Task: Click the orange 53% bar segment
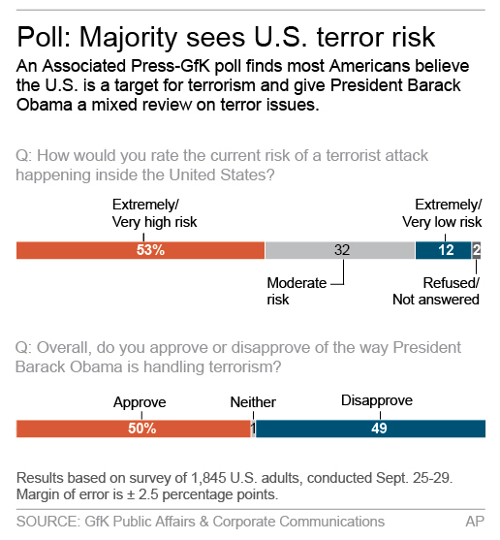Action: click(x=141, y=250)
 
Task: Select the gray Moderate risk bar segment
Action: click(x=340, y=250)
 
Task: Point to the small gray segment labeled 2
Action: click(x=476, y=250)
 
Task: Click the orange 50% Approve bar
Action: click(x=134, y=429)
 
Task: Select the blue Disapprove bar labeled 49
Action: click(x=368, y=429)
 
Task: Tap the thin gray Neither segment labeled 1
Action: click(x=253, y=429)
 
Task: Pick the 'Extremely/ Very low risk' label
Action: click(x=441, y=213)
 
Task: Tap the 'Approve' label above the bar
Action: click(x=140, y=401)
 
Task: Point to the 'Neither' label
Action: click(x=253, y=401)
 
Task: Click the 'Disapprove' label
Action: click(x=377, y=400)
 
